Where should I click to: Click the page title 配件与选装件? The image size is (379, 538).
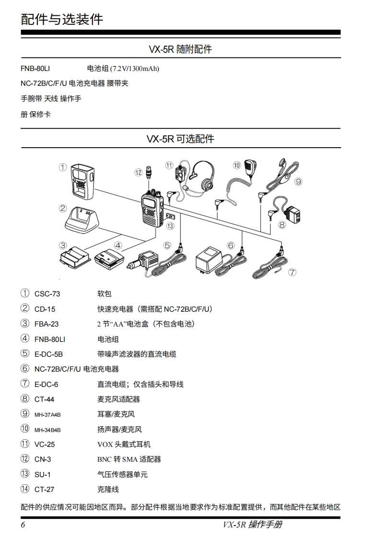[x=62, y=19]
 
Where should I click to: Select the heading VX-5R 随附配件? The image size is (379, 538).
[x=180, y=49]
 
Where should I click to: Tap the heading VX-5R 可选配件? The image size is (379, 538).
[x=180, y=139]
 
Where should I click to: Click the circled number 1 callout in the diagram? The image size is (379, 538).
[x=63, y=167]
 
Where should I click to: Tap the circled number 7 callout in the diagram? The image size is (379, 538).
[x=292, y=272]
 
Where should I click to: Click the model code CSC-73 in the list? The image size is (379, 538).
[x=47, y=294]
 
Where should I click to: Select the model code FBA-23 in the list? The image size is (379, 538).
[x=46, y=324]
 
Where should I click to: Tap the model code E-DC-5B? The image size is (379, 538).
[x=49, y=354]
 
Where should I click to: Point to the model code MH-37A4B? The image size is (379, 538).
[x=48, y=415]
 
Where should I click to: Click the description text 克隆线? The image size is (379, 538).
[x=108, y=490]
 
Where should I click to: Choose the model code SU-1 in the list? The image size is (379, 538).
[x=43, y=474]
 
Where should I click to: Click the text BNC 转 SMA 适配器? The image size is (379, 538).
[x=129, y=459]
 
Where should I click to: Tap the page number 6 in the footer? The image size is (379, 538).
[x=23, y=525]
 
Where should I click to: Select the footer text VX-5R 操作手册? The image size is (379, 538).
[x=252, y=525]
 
